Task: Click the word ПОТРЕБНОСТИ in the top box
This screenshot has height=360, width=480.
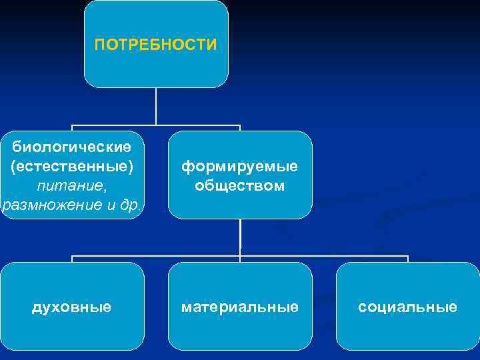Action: tap(155, 45)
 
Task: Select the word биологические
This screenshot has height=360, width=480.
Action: tap(72, 145)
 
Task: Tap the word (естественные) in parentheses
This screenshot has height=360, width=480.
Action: tap(72, 164)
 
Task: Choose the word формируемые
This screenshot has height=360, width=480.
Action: tap(239, 165)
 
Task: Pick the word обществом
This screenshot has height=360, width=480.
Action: tap(239, 185)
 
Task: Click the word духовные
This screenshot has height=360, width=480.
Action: tap(72, 307)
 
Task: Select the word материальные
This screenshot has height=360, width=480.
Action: tap(239, 307)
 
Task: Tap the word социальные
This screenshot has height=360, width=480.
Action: tap(407, 307)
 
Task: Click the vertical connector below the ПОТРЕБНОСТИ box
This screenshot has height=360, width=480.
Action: tap(156, 106)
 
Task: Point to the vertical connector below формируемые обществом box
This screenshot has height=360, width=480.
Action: tap(240, 237)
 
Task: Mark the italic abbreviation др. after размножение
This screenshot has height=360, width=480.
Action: tap(131, 203)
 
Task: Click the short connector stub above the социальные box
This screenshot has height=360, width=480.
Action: tap(407, 259)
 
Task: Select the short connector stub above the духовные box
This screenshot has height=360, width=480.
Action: tap(72, 259)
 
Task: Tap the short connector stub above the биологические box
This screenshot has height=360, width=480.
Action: tap(72, 128)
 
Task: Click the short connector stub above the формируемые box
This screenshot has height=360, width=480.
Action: tap(239, 128)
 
